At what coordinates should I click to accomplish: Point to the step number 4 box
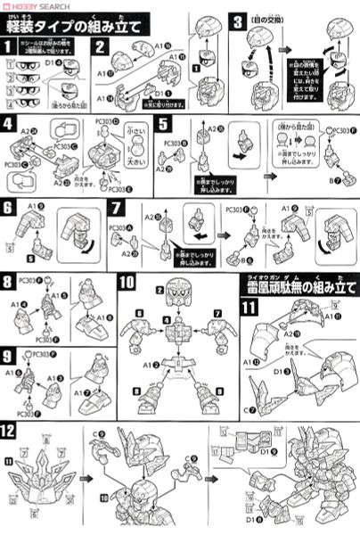click(9, 124)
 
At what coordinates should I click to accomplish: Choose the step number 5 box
click(162, 124)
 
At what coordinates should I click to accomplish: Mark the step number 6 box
click(9, 207)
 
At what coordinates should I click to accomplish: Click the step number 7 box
click(115, 207)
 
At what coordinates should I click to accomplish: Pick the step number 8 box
click(9, 284)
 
